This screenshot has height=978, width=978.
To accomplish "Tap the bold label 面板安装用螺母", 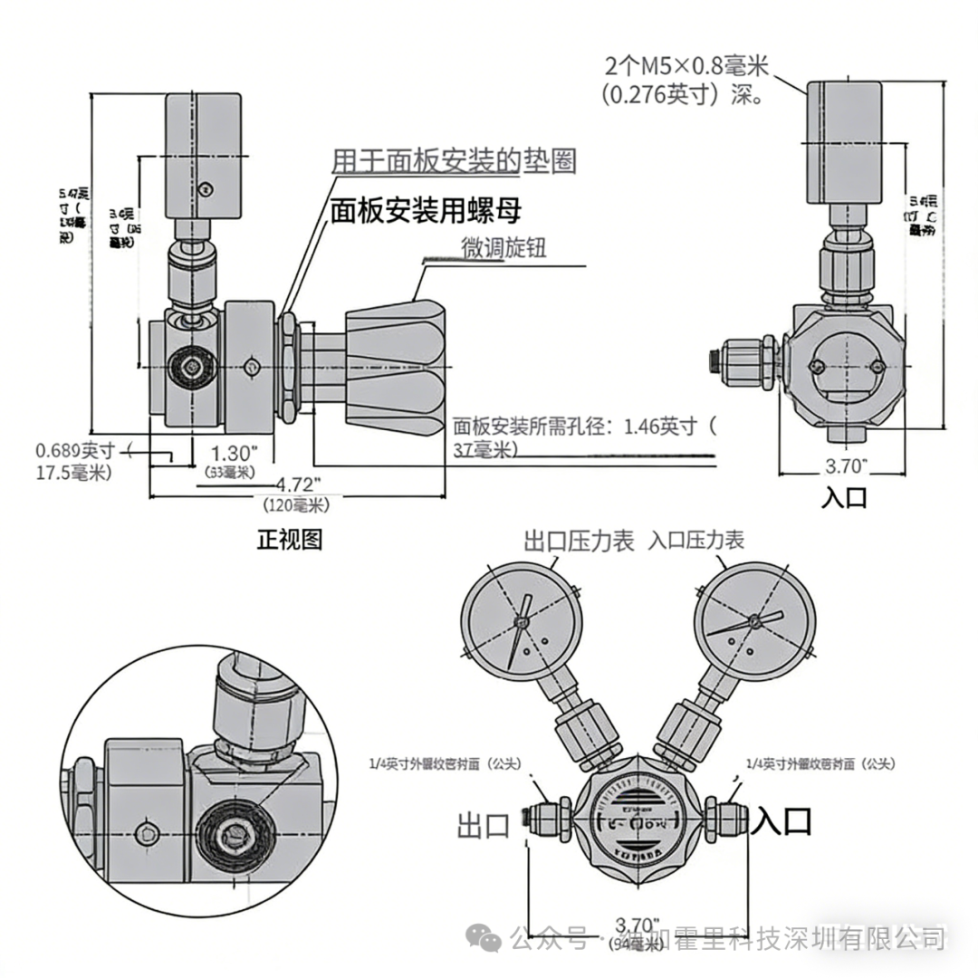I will pos(426,211).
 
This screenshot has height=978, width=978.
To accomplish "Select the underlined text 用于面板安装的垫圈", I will pos(454,161).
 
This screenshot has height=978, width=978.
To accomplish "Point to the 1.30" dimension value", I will pos(235,452).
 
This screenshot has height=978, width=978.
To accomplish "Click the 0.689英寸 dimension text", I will pos(77,450).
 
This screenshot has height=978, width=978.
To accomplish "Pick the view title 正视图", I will pos(290,540).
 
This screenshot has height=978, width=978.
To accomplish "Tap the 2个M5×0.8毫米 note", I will pos(686,66).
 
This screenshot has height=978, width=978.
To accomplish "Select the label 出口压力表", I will pos(580,542).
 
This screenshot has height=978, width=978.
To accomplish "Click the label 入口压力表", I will pos(696,541).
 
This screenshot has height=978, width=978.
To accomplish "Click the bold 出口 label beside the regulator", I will pos(484,825).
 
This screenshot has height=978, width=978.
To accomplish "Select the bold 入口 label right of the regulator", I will pos(783,821).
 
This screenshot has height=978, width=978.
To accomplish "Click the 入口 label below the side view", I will pos(844,497).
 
